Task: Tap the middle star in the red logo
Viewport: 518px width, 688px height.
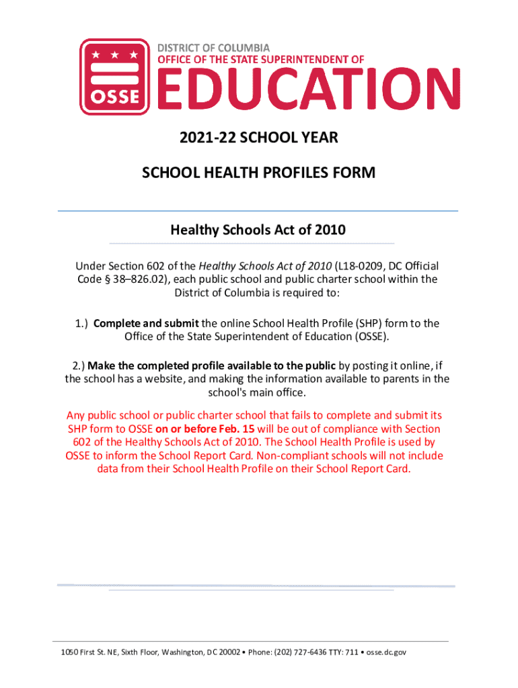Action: coord(114,54)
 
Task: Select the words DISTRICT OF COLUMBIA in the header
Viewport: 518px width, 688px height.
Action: coord(213,48)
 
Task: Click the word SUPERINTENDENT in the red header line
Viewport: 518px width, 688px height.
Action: coord(286,59)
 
